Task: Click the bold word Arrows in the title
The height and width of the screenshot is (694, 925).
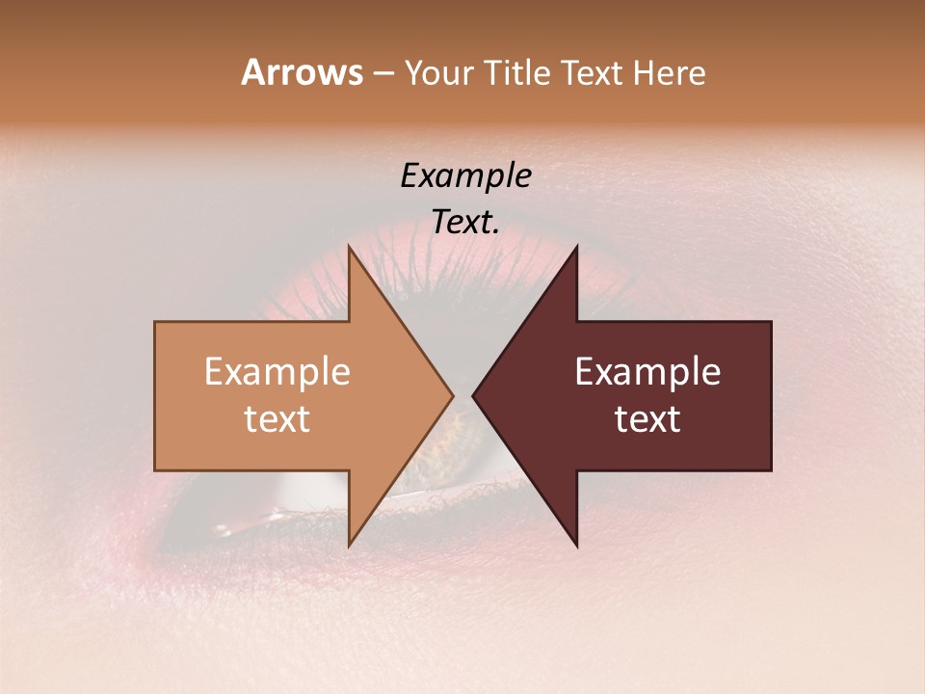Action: point(302,73)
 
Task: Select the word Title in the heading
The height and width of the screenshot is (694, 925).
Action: point(520,73)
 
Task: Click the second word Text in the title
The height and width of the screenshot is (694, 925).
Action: point(598,73)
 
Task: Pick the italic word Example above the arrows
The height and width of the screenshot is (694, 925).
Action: point(465,176)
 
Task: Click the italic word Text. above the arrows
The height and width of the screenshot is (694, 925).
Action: point(465,223)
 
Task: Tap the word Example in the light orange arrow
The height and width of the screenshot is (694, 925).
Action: point(277,372)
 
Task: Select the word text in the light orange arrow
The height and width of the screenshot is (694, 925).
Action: point(277,419)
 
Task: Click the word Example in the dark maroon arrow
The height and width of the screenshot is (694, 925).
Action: point(647,372)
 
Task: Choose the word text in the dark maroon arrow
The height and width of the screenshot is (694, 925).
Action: point(647,419)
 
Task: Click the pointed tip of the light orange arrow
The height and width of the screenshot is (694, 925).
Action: point(453,396)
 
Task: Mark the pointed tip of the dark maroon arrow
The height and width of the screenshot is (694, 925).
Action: point(473,396)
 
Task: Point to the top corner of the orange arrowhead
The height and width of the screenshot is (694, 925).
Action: point(349,247)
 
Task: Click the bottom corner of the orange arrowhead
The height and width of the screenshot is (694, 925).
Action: point(349,546)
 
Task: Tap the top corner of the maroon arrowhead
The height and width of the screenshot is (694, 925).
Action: point(577,247)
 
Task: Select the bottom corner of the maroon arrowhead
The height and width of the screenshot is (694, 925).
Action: point(577,546)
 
